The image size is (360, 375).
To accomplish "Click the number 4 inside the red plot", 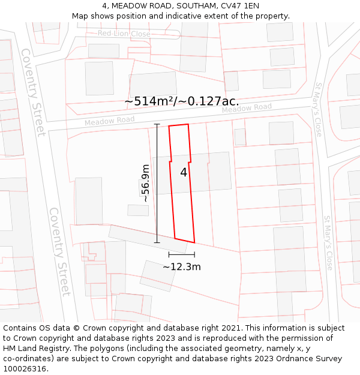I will [x=184, y=172].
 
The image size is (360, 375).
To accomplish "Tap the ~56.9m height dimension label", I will [x=145, y=184].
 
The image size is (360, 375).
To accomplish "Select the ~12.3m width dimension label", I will [x=181, y=267].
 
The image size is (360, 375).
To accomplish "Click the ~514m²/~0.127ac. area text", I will [x=181, y=101].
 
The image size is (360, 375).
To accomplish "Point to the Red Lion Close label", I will [x=124, y=34].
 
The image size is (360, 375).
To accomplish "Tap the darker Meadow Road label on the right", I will [x=247, y=109].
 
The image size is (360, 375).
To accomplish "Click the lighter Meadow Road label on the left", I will [x=109, y=121].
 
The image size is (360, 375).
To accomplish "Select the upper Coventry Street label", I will [x=34, y=92].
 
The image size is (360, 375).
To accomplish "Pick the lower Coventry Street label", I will [x=60, y=251].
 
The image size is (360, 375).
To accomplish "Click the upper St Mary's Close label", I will [x=318, y=109].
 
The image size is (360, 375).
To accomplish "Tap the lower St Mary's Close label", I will [x=328, y=243].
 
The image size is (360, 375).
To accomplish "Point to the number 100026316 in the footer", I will [x=25, y=369].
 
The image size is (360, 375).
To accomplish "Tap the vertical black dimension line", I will [x=157, y=183].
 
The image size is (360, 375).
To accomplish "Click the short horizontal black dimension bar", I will [x=181, y=255].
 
